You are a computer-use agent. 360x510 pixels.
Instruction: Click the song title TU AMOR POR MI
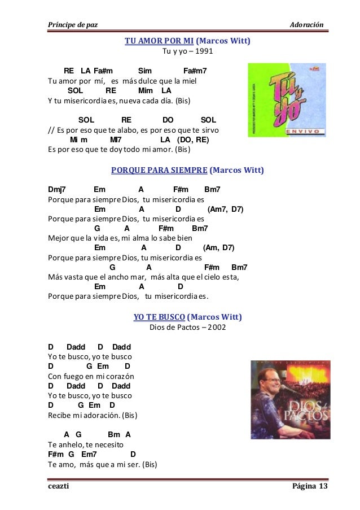click(160, 41)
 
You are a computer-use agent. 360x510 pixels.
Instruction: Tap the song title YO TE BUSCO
click(159, 316)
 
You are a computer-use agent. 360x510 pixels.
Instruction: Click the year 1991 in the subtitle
click(204, 52)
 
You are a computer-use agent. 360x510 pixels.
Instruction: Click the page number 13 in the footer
click(323, 487)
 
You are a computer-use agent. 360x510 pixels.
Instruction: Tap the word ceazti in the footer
click(57, 487)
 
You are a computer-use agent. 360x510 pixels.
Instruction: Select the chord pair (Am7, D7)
click(226, 209)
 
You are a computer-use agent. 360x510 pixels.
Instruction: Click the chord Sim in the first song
click(145, 71)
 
